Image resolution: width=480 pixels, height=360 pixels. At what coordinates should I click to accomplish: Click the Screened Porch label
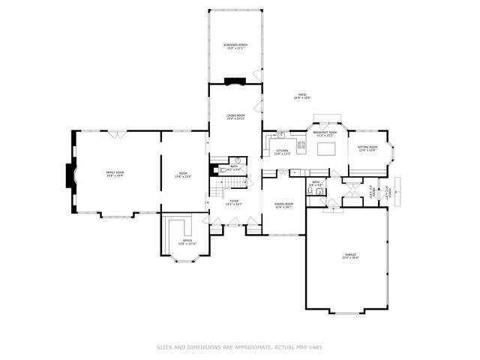point(235,47)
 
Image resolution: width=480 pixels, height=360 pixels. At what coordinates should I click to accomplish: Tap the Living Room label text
point(236,117)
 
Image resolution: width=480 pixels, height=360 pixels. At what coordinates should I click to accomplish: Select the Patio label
point(301,97)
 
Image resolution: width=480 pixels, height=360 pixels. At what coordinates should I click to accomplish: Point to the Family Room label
point(115,174)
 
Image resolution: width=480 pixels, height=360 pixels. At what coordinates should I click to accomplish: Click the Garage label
point(350,256)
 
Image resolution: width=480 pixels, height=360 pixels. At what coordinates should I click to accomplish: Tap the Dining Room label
point(283,205)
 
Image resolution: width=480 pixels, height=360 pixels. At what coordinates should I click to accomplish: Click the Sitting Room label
point(367,149)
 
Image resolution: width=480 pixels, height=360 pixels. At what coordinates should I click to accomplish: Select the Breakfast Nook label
point(325,133)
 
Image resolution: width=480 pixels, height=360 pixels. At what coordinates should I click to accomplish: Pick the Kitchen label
point(282,152)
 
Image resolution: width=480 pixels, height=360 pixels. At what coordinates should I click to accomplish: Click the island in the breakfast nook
point(327,149)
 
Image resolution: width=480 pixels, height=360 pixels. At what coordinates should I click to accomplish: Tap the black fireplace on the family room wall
point(70,175)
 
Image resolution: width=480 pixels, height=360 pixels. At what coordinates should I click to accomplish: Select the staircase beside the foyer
point(219,187)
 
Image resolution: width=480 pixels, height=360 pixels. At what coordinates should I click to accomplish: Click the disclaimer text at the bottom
point(240,347)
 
